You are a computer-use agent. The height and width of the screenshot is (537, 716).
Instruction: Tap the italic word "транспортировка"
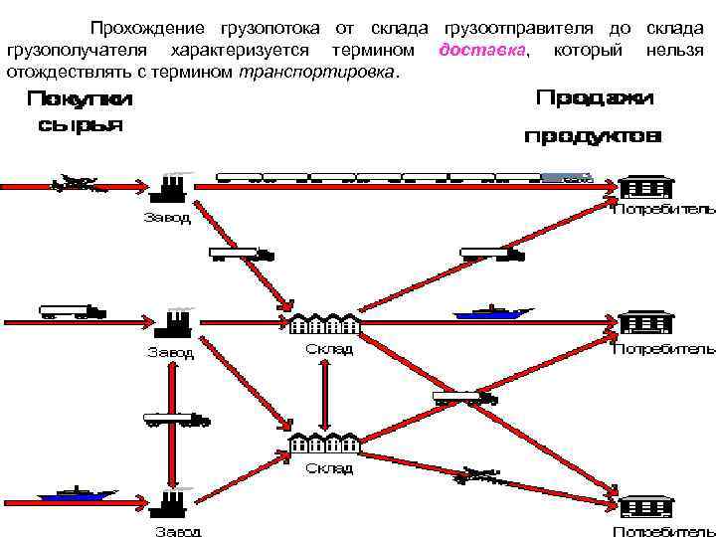pos(316,73)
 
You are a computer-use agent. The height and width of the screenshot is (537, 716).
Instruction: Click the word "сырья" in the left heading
pos(80,125)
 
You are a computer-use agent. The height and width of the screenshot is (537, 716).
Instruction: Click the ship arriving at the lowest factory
pos(75,494)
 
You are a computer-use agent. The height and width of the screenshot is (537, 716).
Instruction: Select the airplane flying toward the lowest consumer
pos(476,476)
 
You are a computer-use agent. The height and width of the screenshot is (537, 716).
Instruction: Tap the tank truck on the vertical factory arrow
pos(177,419)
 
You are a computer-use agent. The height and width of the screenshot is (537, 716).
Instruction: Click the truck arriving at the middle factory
pos(72,312)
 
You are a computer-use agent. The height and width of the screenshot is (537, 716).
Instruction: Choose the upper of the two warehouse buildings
pos(324,323)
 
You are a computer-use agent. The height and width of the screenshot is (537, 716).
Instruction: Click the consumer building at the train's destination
pos(646,187)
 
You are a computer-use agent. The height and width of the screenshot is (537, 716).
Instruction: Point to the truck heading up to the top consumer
pos(492,255)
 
